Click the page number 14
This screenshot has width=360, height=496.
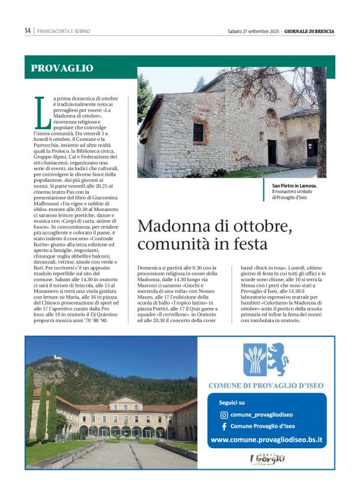tap(28, 30)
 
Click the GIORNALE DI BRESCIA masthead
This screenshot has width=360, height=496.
tap(309, 30)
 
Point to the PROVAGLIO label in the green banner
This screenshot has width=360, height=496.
tap(62, 68)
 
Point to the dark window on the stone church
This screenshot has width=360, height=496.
tap(198, 132)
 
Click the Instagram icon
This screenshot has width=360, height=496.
tap(224, 415)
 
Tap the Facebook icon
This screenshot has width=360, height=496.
tap(224, 426)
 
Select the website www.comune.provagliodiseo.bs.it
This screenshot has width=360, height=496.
tap(267, 440)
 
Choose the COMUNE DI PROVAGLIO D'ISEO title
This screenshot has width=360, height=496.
tap(267, 386)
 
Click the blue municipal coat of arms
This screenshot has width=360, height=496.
tap(266, 359)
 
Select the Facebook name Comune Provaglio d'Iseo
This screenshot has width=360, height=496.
tap(263, 426)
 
